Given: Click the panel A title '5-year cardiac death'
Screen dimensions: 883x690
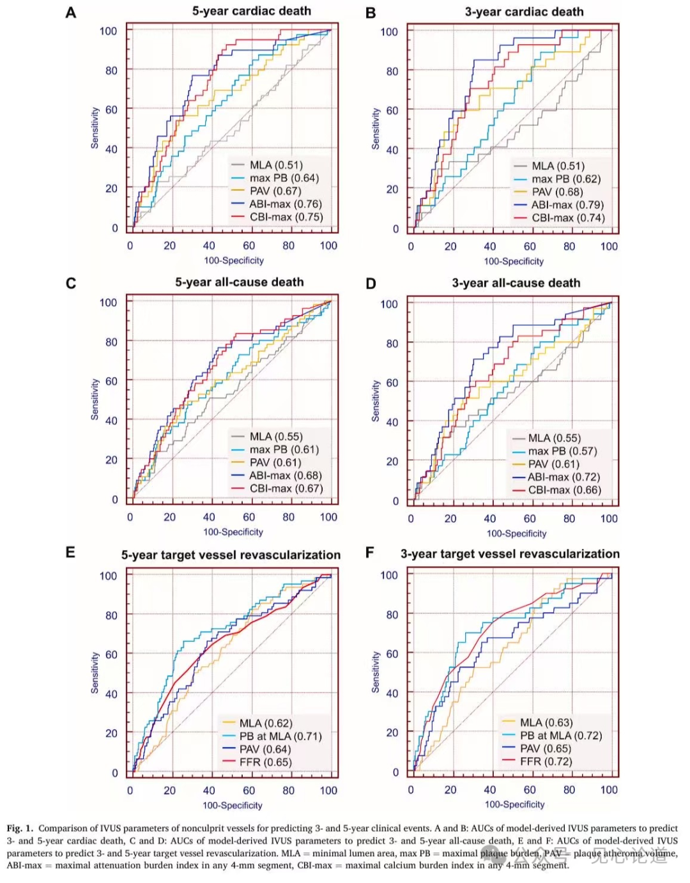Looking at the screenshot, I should (252, 11).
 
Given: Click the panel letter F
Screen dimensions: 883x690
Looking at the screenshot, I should (369, 553).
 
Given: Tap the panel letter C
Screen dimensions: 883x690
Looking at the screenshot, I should (71, 283).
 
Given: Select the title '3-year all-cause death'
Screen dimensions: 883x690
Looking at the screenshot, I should (516, 283).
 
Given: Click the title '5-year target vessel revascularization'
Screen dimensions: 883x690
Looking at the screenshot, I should (231, 555).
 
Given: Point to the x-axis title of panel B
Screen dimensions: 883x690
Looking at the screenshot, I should (514, 261).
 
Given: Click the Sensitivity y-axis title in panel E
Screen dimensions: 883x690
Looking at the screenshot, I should (95, 672).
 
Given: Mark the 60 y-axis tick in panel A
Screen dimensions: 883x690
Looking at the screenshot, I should (111, 110).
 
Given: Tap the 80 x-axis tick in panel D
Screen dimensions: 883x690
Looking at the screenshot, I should (569, 519).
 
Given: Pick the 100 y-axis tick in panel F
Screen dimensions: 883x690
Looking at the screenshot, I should (389, 575).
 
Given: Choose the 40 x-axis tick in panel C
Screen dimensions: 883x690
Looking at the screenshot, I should (209, 517).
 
